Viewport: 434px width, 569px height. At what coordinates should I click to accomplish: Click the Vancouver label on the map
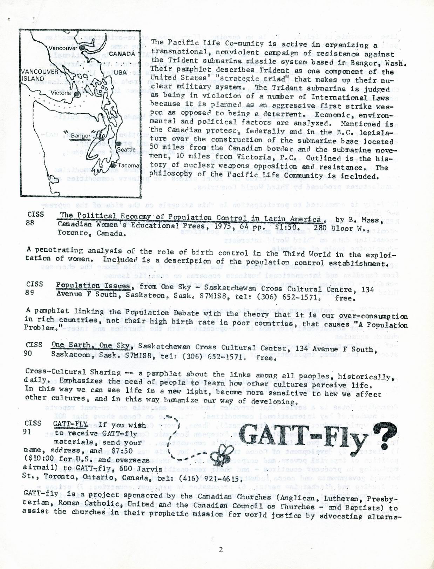63,48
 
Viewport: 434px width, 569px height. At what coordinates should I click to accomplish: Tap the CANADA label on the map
122,54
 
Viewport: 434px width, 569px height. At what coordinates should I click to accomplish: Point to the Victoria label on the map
60,93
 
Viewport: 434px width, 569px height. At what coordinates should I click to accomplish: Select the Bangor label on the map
80,136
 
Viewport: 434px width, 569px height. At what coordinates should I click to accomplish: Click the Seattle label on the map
126,149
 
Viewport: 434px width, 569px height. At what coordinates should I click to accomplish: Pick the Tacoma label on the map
128,165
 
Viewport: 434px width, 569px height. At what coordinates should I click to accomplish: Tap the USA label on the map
120,73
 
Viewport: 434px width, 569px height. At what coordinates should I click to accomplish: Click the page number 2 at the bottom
221,549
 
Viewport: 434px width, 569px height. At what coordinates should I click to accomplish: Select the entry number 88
30,223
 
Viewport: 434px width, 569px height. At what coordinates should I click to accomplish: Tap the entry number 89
30,292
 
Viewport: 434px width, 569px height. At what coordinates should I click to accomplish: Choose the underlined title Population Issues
93,286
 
